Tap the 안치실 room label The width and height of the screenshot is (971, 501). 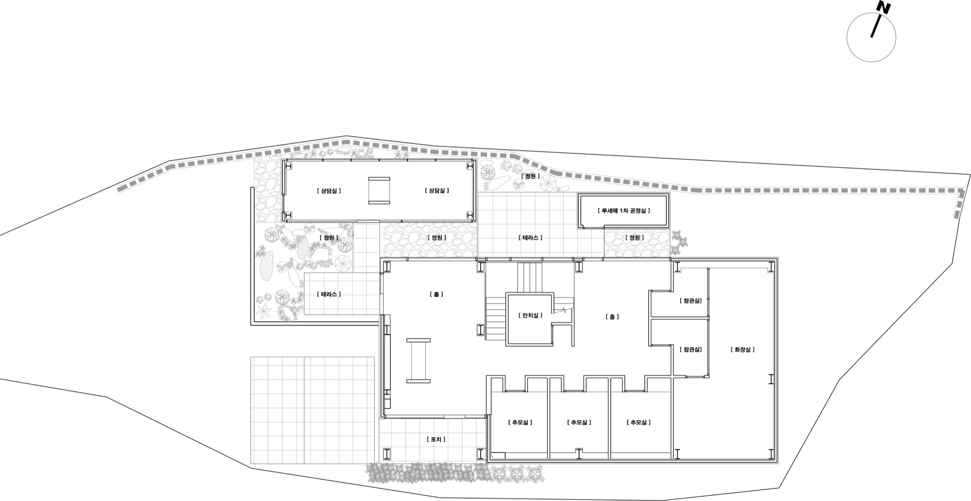point(530,316)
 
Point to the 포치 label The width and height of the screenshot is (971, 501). point(436,439)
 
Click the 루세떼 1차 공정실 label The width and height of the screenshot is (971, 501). point(623,211)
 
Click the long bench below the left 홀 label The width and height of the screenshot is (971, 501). point(419,361)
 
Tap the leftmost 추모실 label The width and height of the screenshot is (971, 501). point(520,422)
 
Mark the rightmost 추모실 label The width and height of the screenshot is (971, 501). point(638,422)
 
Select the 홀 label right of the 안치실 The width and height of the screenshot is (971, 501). point(613,317)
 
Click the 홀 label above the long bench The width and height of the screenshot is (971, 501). point(436,294)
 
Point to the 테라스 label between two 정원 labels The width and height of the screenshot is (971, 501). point(530,237)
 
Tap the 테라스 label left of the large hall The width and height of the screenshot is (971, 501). point(329,294)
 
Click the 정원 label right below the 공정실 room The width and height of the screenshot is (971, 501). point(635,237)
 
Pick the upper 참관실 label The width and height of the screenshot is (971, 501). point(691,301)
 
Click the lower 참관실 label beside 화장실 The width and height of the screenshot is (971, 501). point(691,349)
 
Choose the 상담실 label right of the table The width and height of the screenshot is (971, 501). point(436,190)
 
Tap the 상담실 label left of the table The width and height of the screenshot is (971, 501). point(329,190)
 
